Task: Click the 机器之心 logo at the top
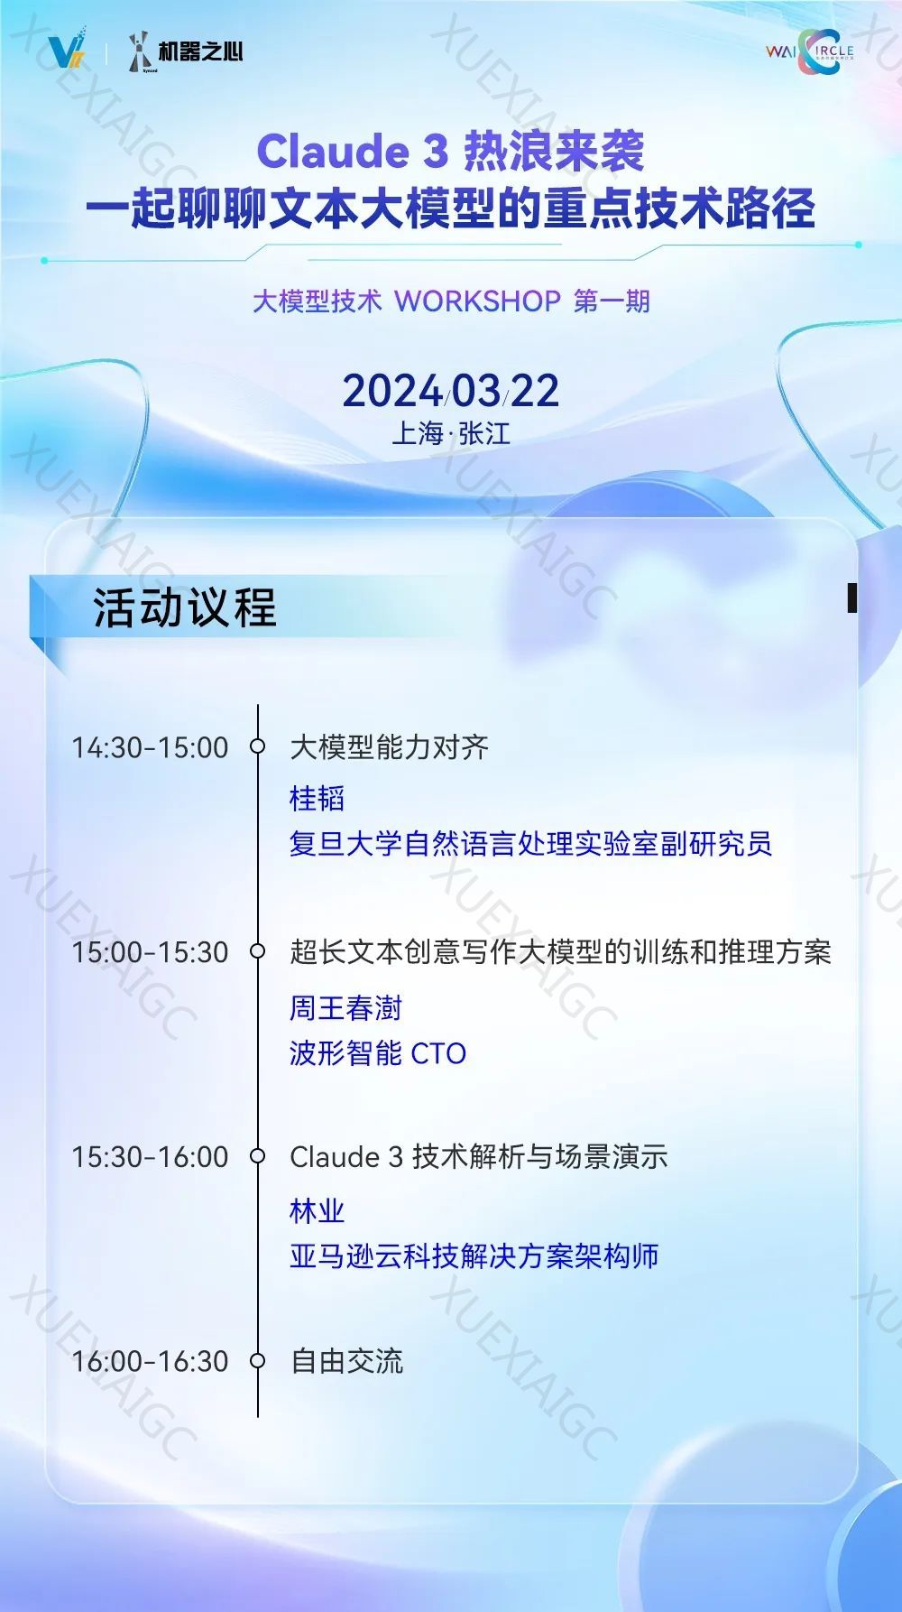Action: [x=187, y=51]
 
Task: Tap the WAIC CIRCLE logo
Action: [x=809, y=51]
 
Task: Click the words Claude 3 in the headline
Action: [x=353, y=151]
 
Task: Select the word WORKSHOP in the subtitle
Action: [x=478, y=301]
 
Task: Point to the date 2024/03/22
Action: [x=451, y=391]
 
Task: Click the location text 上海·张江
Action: [x=451, y=434]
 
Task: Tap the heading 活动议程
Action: [x=185, y=607]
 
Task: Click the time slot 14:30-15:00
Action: [x=150, y=747]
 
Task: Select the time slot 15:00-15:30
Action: [x=150, y=952]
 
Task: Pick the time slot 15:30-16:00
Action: [x=150, y=1157]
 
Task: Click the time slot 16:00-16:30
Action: [x=150, y=1361]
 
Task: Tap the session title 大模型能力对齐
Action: [x=389, y=747]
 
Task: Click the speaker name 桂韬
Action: [x=317, y=798]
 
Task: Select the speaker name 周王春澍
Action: [x=345, y=1007]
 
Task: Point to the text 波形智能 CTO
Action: [x=378, y=1053]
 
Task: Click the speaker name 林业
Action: [x=317, y=1210]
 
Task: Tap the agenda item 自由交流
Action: [x=346, y=1361]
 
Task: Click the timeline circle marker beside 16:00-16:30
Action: [x=258, y=1360]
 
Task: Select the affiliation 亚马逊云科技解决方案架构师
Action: [x=474, y=1255]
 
